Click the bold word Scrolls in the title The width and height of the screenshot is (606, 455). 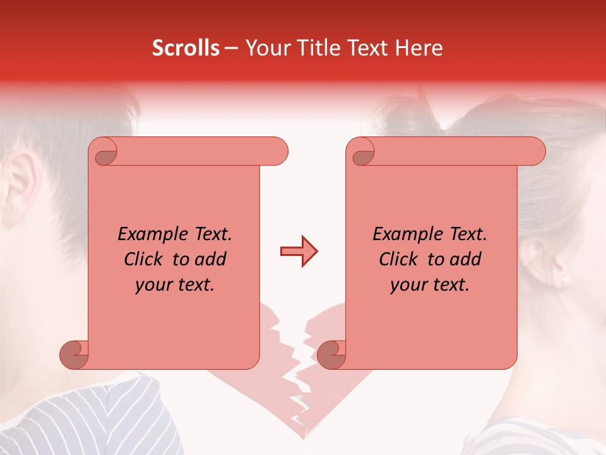[186, 48]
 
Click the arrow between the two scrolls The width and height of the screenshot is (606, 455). [299, 252]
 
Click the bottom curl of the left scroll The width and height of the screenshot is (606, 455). [74, 355]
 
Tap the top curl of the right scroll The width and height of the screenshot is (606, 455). [362, 152]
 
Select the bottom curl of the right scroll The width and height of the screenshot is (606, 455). [331, 355]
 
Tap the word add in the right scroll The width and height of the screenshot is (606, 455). [465, 260]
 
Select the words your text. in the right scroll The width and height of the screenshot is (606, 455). [429, 285]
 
